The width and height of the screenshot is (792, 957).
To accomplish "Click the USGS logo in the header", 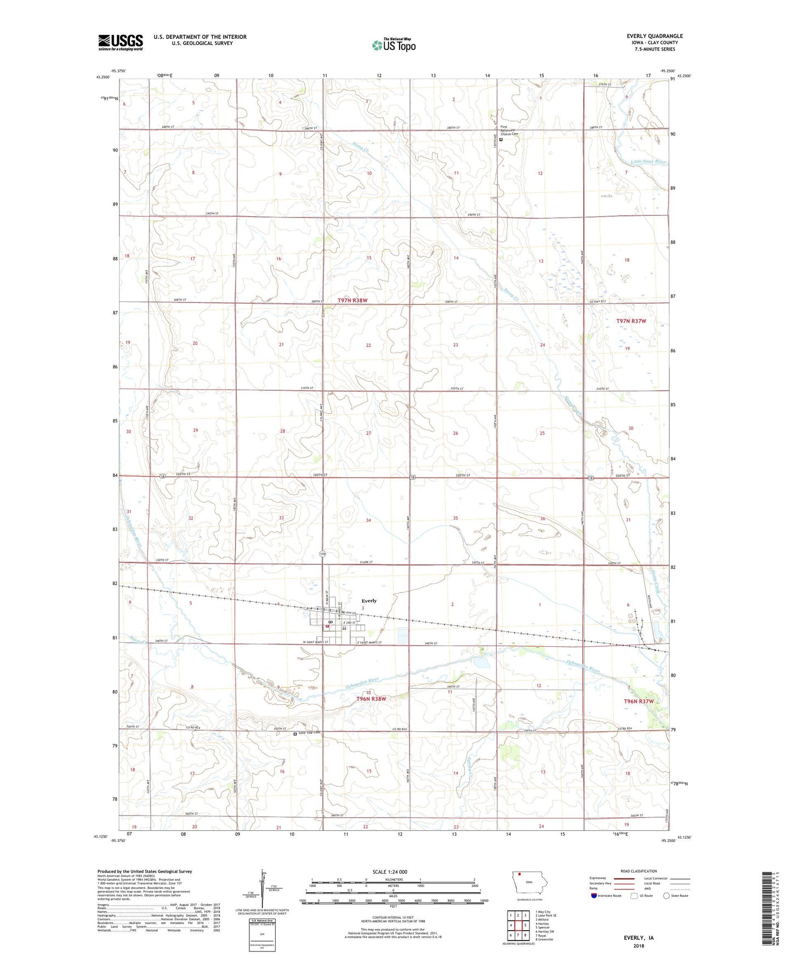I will tap(121, 42).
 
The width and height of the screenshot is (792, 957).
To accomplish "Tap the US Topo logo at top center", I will tap(394, 44).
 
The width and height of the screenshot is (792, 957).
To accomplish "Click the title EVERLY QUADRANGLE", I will tap(654, 36).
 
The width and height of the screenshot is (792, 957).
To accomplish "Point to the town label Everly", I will tap(369, 601).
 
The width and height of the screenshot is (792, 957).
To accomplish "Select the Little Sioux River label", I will tap(648, 162).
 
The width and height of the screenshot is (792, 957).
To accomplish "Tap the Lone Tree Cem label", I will tap(308, 733).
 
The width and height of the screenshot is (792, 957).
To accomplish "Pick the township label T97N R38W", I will tap(352, 300).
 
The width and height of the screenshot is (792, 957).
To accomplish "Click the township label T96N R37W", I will tap(639, 702).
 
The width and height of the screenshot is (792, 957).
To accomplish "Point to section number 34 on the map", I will tap(368, 520).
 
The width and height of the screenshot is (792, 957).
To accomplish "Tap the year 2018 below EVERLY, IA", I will tap(639, 946).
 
